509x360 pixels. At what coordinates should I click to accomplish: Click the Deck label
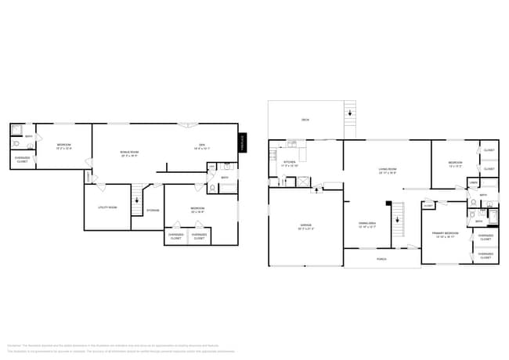305,120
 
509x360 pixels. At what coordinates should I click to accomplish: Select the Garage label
305,226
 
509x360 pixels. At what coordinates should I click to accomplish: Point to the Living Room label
387,171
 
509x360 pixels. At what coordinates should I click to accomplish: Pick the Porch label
381,258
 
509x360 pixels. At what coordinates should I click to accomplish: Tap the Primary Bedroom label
446,234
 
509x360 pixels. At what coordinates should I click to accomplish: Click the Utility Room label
107,207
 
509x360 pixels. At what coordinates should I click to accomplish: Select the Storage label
153,210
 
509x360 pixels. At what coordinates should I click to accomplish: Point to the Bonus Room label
129,153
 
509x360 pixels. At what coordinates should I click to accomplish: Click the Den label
201,146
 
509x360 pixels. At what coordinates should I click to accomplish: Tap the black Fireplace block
242,142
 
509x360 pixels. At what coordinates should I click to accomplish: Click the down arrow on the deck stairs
349,113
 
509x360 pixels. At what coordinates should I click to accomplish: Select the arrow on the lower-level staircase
138,200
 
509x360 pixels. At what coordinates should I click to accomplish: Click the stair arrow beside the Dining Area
398,219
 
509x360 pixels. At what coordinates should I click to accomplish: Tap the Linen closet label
474,182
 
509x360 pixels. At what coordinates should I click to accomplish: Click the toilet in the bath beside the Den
212,189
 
